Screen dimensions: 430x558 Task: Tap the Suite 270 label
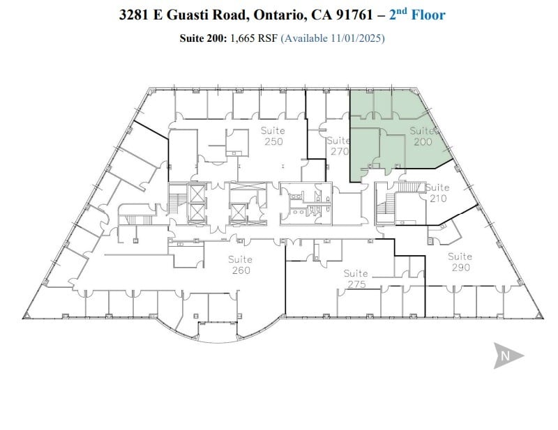point(339,145)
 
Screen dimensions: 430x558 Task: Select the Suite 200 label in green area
point(423,136)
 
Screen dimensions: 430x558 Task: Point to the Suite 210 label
point(437,193)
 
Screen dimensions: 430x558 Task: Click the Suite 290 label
point(460,261)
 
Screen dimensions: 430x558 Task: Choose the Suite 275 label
point(356,279)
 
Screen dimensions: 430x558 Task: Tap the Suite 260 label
point(240,265)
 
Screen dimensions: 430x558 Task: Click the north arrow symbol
point(508,355)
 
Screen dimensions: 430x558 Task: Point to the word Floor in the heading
point(427,15)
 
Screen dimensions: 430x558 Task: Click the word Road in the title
point(226,15)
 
